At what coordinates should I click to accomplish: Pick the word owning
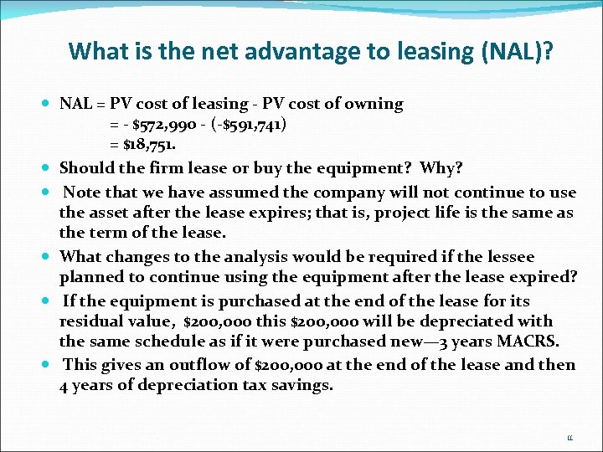click(x=374, y=104)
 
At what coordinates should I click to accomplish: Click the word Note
click(x=81, y=192)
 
